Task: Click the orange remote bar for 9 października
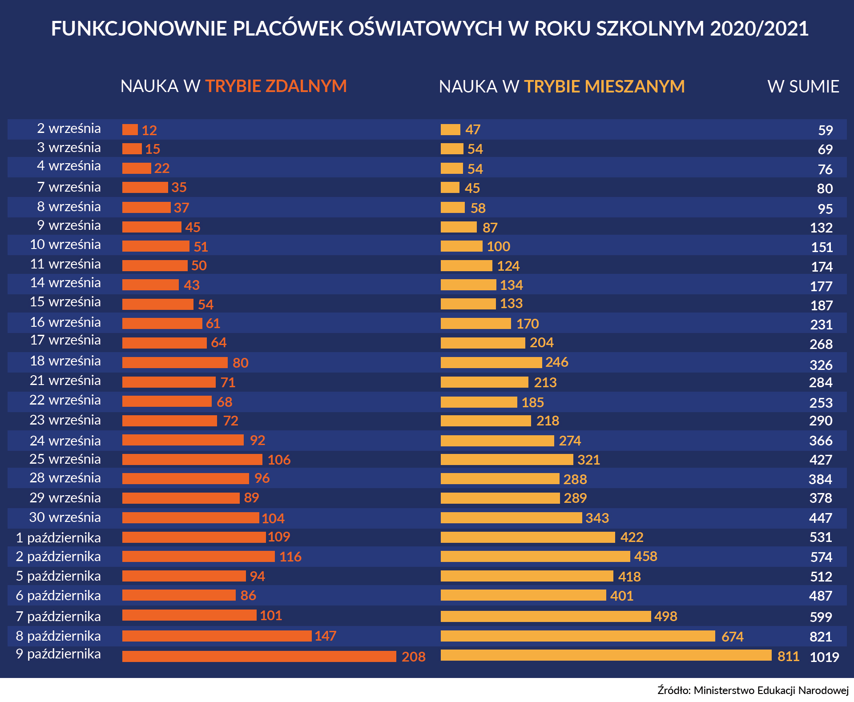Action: [259, 656]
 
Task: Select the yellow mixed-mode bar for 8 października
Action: [577, 636]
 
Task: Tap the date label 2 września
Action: [69, 128]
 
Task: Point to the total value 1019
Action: [824, 657]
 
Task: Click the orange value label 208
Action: [413, 657]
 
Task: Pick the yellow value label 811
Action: [788, 657]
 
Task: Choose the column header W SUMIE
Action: [803, 87]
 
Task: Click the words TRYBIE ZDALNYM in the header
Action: [276, 86]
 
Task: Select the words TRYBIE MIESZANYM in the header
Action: [604, 87]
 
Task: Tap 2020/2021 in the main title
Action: [759, 28]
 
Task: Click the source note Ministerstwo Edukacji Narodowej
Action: [771, 690]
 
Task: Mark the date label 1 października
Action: [58, 538]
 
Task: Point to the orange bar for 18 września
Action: [175, 363]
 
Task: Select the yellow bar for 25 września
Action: [507, 460]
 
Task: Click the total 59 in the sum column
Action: [825, 130]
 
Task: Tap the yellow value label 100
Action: [498, 246]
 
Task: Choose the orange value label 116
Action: [290, 557]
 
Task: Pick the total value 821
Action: [821, 637]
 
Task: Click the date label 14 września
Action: [65, 283]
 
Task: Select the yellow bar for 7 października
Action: [545, 616]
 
